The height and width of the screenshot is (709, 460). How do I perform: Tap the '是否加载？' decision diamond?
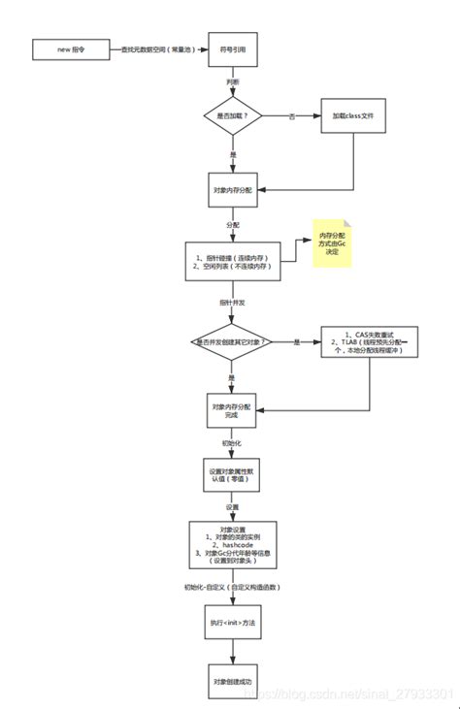233,115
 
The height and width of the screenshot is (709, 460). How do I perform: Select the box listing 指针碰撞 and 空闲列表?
233,259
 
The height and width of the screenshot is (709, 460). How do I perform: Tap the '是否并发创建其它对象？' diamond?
233,342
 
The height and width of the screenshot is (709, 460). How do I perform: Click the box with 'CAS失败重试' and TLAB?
370,342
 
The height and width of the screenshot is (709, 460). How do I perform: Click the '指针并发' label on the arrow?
233,303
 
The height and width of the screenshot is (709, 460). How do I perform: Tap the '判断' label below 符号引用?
233,82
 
